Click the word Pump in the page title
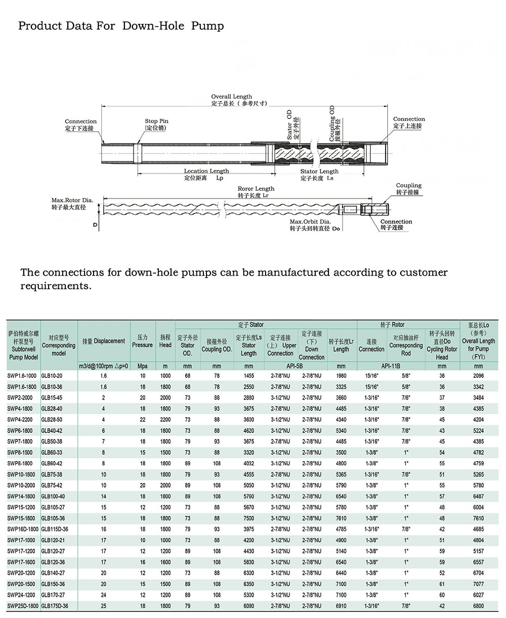(x=207, y=26)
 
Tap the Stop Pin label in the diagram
(x=156, y=121)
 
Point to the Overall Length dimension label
(x=232, y=97)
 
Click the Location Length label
(x=206, y=171)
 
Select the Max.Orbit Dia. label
(x=310, y=222)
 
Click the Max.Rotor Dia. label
(x=72, y=200)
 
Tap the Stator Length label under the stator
(x=319, y=171)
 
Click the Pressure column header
(x=143, y=341)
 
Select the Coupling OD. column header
(x=217, y=345)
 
